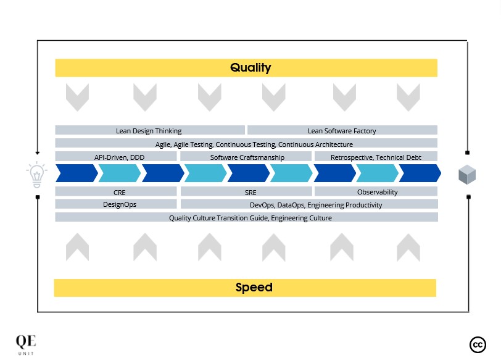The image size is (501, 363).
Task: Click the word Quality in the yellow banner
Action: [251, 67]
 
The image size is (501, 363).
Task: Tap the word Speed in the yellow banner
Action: [254, 287]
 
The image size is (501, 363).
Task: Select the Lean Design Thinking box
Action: [150, 130]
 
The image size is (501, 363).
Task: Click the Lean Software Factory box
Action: [342, 130]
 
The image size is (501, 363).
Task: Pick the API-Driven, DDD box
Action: [116, 156]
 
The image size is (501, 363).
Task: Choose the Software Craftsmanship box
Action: [246, 156]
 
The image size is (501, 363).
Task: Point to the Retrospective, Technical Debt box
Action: [376, 156]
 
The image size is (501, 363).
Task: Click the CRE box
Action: [116, 191]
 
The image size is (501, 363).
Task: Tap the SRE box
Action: [246, 191]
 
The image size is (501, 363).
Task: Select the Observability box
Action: [376, 191]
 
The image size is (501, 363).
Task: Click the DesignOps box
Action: [116, 204]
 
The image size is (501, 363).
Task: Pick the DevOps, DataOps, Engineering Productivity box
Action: [309, 204]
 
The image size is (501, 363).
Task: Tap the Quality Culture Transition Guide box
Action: [247, 217]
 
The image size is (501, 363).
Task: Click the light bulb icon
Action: [37, 175]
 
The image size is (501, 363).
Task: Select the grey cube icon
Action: [467, 175]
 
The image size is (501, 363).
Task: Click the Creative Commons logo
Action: [478, 344]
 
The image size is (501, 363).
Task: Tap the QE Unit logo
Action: [26, 344]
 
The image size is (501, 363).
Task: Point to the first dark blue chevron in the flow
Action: [77, 173]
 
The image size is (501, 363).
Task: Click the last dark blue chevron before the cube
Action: [420, 173]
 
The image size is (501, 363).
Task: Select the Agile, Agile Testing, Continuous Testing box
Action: [246, 143]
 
